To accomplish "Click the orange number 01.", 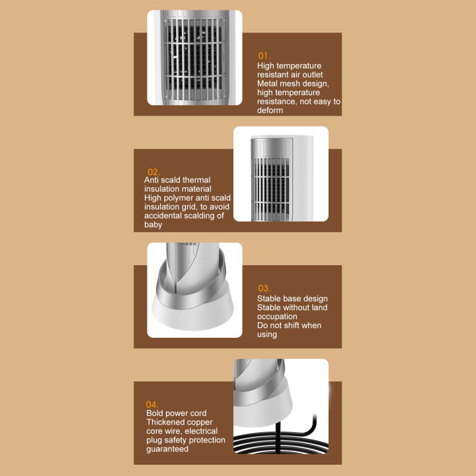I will (264, 56).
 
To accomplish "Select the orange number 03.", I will (264, 288).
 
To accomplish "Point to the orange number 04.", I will (153, 405).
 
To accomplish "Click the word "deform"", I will (270, 110).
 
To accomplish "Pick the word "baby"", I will (153, 225).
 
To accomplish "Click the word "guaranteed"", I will (167, 449).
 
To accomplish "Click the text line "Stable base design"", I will (292, 299).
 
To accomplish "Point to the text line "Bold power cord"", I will (176, 414).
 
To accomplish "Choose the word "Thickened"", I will (167, 422).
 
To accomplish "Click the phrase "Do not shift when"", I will (289, 325).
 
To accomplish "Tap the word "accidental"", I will (165, 216).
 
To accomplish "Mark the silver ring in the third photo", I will (191, 288).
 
